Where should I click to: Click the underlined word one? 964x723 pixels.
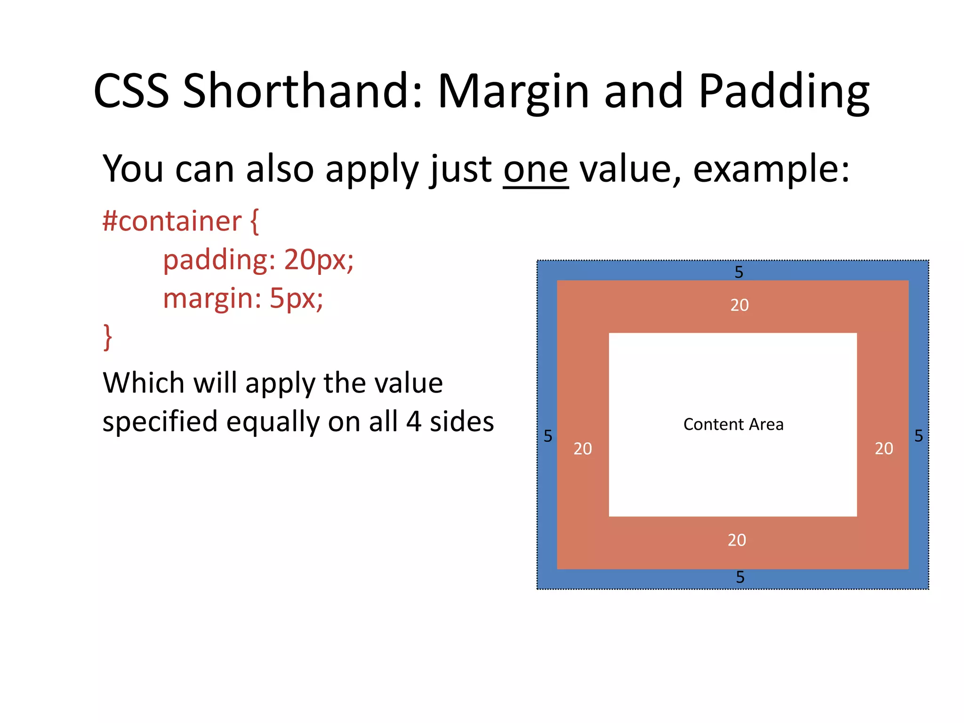536,169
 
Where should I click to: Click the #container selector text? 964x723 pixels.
172,221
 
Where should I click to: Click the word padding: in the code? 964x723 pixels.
219,260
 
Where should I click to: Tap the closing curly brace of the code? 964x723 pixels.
108,337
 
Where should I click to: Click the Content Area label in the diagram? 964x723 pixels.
733,425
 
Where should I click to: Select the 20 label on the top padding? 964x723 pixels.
739,305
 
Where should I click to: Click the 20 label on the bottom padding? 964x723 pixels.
737,540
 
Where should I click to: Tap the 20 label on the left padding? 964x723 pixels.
582,449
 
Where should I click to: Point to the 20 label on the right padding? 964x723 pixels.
884,449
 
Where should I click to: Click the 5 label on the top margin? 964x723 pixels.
739,272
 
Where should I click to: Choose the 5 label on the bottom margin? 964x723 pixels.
740,577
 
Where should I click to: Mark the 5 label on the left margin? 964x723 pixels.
547,436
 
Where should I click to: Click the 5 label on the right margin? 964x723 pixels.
918,436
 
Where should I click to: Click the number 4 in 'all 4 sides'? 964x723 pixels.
413,422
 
